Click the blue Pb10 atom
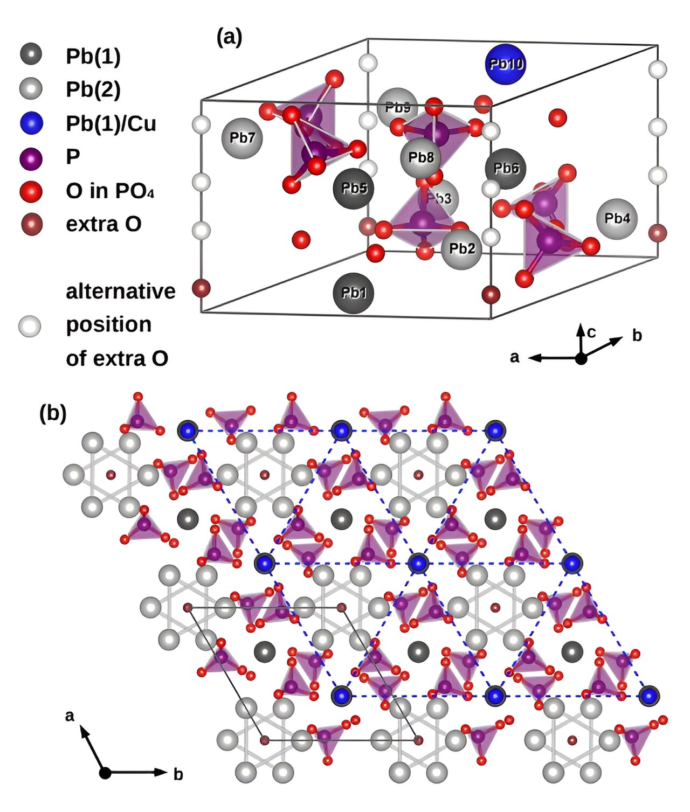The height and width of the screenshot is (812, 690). pos(505,64)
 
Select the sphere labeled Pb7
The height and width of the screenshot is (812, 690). pos(242,138)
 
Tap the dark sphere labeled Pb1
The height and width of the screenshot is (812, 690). pos(354,293)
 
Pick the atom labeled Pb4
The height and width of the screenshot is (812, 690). pos(617,218)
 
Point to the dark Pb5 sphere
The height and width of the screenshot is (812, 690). pos(354,188)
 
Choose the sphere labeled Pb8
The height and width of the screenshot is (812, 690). pos(420,157)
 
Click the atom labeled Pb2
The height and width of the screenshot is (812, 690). pos(461,248)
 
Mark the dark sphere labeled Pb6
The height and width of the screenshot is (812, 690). pos(506,169)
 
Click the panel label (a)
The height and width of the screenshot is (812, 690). pos(229,37)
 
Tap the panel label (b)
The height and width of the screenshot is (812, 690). pos(53,413)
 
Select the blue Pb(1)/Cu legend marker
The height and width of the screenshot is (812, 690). pos(31,123)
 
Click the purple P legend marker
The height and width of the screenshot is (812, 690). pos(31,157)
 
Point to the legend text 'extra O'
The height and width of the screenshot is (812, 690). pos(103,224)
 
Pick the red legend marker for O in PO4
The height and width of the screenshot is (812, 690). pos(31,191)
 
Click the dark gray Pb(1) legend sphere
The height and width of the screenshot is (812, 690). pos(31,55)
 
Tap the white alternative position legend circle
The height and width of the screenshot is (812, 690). pos(30,325)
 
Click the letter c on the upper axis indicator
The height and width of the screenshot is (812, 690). pos(591,332)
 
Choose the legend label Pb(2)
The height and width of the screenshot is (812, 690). pos(93,89)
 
